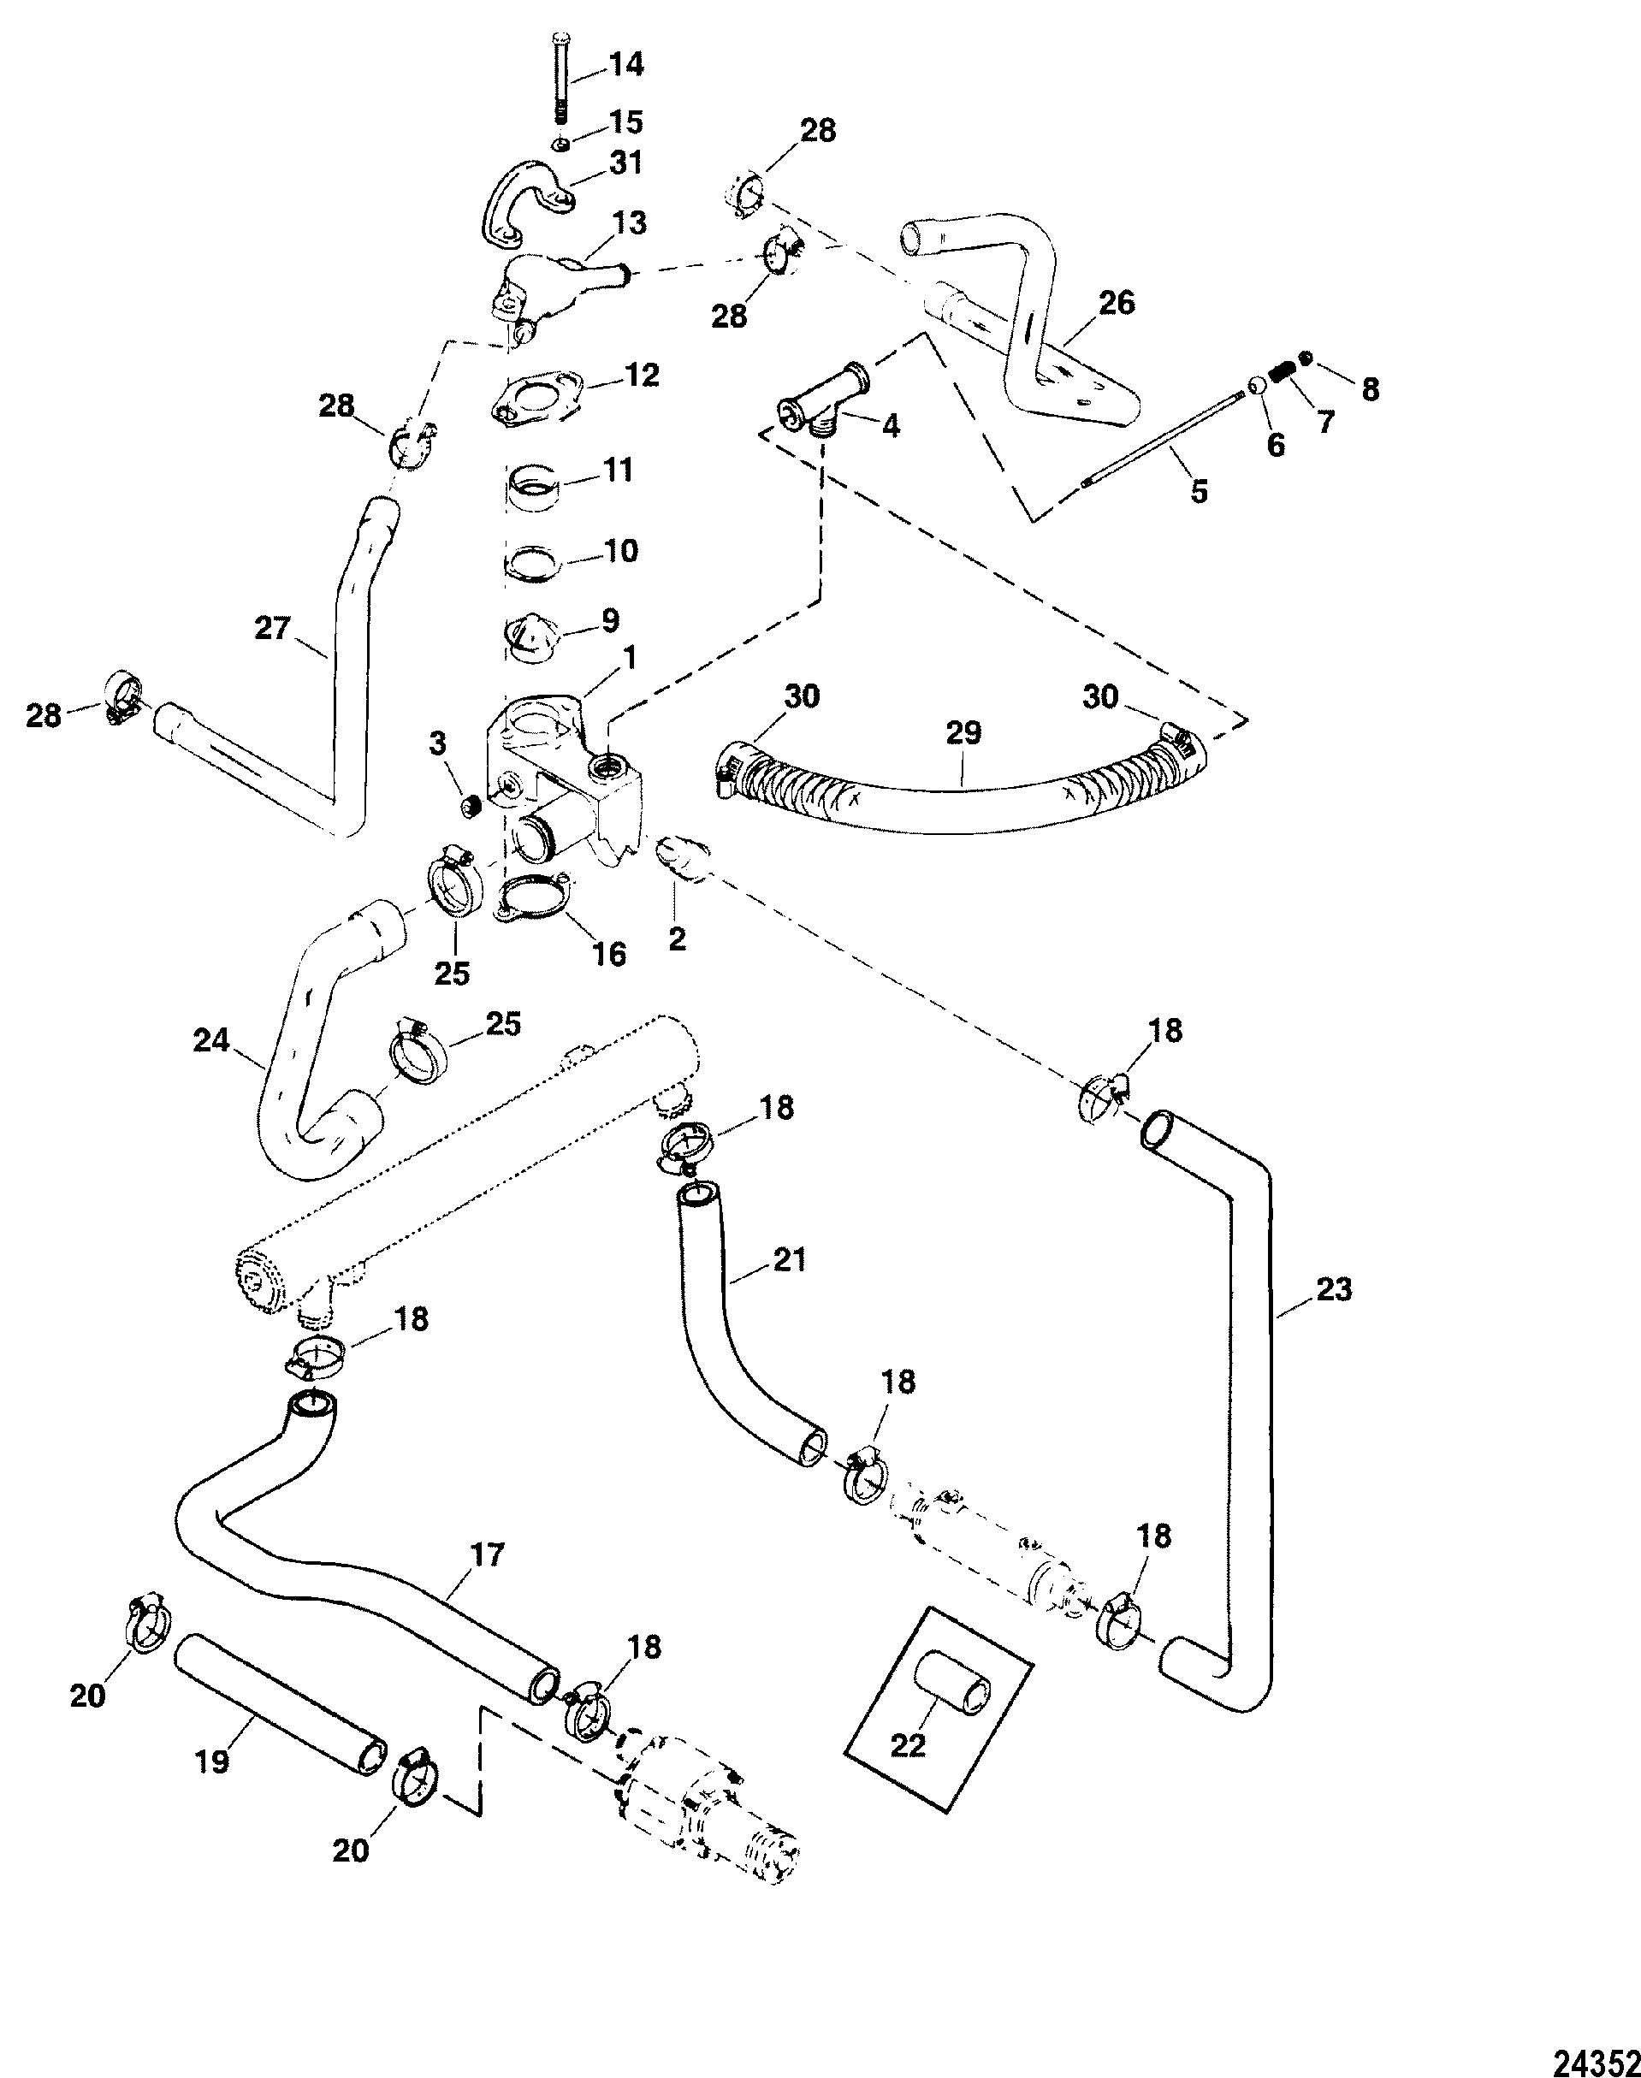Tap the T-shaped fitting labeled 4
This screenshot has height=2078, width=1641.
coord(819,403)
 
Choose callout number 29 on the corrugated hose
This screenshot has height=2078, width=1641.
coord(963,733)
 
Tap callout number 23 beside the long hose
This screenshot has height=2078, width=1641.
coord(1335,1289)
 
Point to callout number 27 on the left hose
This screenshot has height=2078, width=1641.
coord(272,630)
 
